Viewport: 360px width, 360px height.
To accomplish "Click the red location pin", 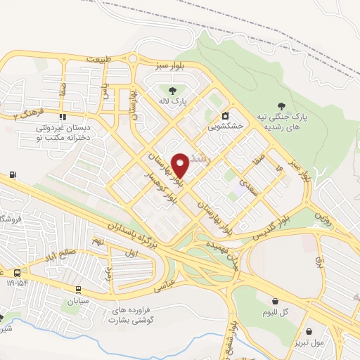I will point(180,165).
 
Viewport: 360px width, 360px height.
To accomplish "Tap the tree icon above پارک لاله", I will point(169,90).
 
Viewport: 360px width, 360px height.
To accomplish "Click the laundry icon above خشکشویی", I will point(224,116).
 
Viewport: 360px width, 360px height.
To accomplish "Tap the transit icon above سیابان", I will point(79,289).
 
